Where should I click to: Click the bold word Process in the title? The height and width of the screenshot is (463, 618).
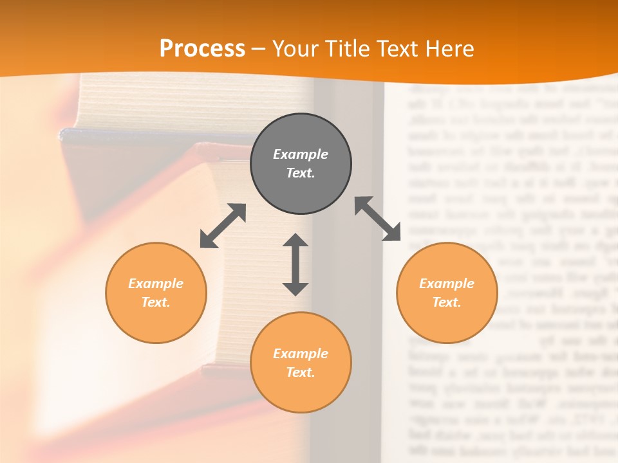[x=202, y=49]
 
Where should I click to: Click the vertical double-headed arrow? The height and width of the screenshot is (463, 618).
[x=295, y=265]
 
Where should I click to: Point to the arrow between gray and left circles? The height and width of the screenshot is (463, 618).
[x=223, y=226]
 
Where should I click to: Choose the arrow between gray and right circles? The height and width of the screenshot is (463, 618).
[x=378, y=219]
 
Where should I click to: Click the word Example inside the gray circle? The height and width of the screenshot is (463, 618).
[x=301, y=154]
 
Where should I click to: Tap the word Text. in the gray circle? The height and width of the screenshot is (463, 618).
[x=301, y=173]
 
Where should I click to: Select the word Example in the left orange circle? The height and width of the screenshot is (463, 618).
[x=156, y=284]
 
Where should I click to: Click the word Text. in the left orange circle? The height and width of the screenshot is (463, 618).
[x=156, y=302]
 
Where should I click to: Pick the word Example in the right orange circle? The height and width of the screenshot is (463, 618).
[x=447, y=284]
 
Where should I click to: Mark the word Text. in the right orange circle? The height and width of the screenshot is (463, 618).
[x=447, y=302]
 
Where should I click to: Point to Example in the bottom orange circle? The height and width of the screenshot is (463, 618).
[x=301, y=354]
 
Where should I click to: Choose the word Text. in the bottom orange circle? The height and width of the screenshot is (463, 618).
[x=301, y=372]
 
